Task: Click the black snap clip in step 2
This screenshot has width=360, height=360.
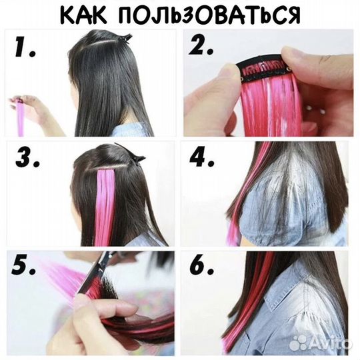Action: tap(264, 69)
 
